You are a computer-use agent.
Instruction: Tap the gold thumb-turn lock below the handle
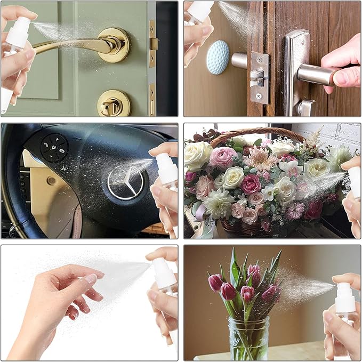[113, 102]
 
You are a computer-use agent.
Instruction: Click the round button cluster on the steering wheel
[54, 148]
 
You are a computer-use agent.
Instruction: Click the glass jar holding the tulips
[248, 338]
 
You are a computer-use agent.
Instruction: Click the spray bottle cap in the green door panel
[18, 32]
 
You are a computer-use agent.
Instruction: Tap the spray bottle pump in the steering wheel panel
[166, 168]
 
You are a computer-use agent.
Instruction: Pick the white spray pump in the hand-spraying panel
[164, 273]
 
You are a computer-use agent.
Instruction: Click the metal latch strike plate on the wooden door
[259, 77]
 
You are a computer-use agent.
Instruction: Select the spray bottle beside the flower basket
[354, 181]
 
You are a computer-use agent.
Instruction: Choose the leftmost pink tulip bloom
[215, 283]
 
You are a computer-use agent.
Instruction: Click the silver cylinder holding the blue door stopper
[239, 60]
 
